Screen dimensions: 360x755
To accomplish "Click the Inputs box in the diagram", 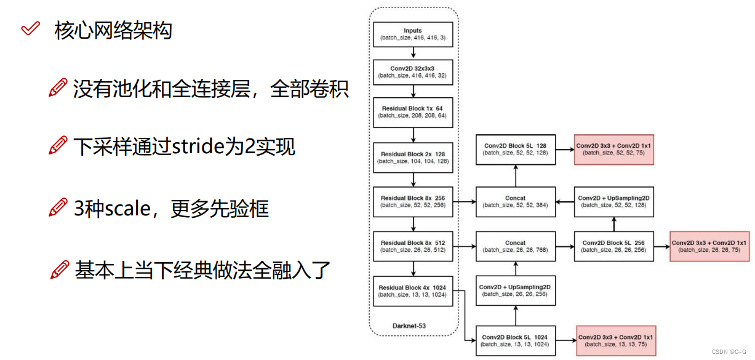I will (413, 34).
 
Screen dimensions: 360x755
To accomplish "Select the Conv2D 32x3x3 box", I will (413, 71).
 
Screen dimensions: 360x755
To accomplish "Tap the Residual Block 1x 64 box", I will (413, 111).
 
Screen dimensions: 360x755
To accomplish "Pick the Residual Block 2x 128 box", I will (413, 157).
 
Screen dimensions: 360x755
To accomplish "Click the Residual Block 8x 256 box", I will (413, 201).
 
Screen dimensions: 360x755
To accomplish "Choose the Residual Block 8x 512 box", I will (413, 246).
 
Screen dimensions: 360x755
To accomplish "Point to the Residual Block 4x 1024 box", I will (413, 291).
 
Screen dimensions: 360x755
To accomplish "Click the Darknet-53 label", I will (409, 325).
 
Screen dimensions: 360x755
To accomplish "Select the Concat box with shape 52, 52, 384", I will (516, 201).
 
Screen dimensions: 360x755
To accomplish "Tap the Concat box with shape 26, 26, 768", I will (516, 246).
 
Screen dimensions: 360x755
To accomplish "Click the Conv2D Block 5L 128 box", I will (516, 149).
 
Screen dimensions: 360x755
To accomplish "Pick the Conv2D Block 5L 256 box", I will (613, 246).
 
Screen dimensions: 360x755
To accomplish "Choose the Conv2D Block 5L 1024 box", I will (516, 340).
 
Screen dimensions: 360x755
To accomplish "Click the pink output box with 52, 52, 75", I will (613, 149).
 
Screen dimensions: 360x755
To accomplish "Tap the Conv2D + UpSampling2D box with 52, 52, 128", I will (613, 201).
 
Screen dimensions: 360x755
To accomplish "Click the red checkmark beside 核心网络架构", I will (30, 29).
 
